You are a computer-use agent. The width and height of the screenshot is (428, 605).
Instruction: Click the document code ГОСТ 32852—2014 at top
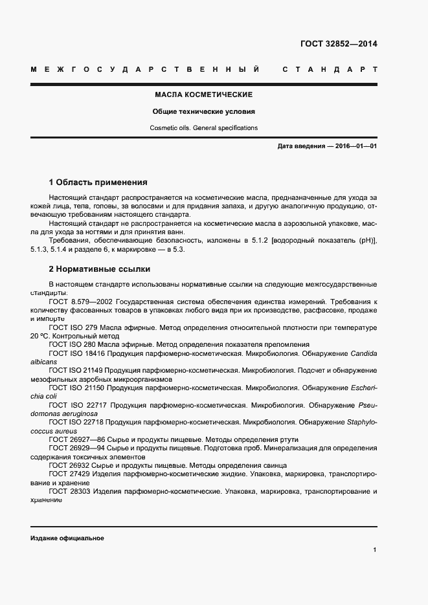(x=339, y=44)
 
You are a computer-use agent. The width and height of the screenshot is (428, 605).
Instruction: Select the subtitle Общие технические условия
(x=203, y=111)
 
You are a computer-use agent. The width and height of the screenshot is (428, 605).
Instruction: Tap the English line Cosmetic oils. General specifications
(x=203, y=128)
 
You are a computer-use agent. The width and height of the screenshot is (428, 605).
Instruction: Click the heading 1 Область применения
(x=98, y=182)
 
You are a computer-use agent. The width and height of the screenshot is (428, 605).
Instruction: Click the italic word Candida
(x=363, y=353)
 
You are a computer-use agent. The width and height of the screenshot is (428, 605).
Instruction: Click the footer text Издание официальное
(x=67, y=538)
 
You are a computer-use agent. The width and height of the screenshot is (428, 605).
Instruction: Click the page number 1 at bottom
(x=375, y=549)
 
